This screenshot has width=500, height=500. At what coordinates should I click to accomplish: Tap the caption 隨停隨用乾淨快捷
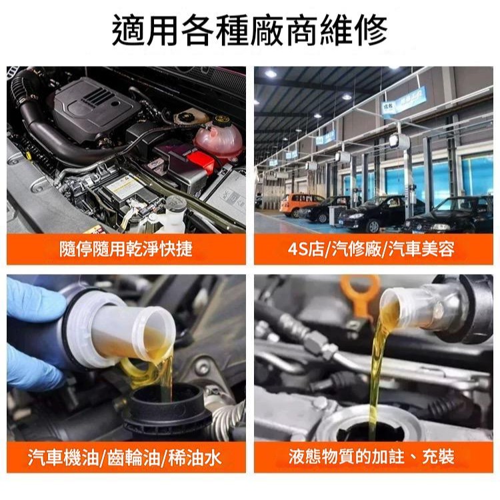126,249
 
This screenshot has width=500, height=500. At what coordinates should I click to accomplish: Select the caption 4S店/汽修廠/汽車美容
373,249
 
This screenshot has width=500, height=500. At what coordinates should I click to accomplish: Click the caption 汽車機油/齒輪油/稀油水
126,457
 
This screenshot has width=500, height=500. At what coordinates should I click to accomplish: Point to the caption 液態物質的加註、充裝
373,457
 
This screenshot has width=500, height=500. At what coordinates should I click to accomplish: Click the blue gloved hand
33,333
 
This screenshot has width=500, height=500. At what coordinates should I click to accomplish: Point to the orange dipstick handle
360,293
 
